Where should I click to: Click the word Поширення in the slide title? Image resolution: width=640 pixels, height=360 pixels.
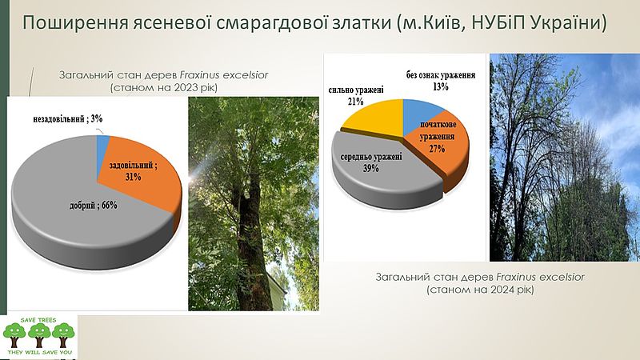[x=74, y=23]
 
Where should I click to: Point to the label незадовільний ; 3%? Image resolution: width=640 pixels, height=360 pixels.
[x=68, y=118]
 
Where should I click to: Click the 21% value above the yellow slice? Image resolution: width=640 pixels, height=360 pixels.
[x=355, y=102]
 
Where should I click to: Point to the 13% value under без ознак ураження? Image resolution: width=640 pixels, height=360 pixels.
[x=441, y=86]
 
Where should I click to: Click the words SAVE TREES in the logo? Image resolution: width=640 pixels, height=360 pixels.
[x=38, y=320]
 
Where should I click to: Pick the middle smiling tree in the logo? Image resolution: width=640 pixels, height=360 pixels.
[x=39, y=334]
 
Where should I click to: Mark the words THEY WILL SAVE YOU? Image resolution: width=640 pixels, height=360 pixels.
[x=39, y=352]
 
